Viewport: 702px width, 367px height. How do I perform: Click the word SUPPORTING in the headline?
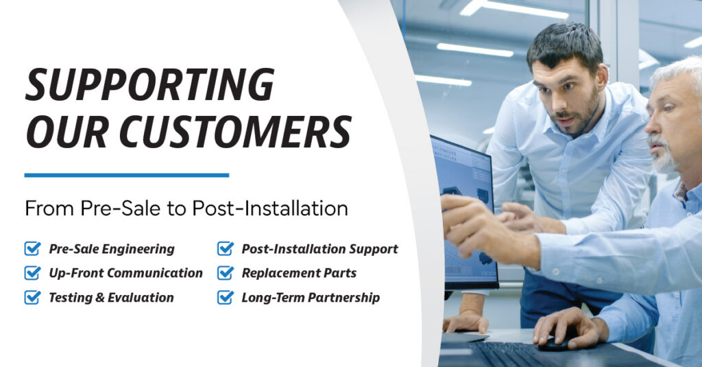[x=149, y=86]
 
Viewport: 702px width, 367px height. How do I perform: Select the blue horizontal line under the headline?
[x=127, y=175]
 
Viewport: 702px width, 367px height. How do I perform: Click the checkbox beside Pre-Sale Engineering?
[x=32, y=249]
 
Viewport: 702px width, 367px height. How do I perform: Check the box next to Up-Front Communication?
[x=32, y=273]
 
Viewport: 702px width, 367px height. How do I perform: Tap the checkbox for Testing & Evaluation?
[x=32, y=298]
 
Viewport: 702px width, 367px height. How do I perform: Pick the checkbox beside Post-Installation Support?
[x=225, y=249]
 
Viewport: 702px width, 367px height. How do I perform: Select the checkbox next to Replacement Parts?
[x=225, y=273]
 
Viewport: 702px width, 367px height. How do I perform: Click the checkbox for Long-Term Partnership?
[x=225, y=298]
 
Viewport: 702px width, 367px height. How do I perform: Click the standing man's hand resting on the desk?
[x=465, y=322]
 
